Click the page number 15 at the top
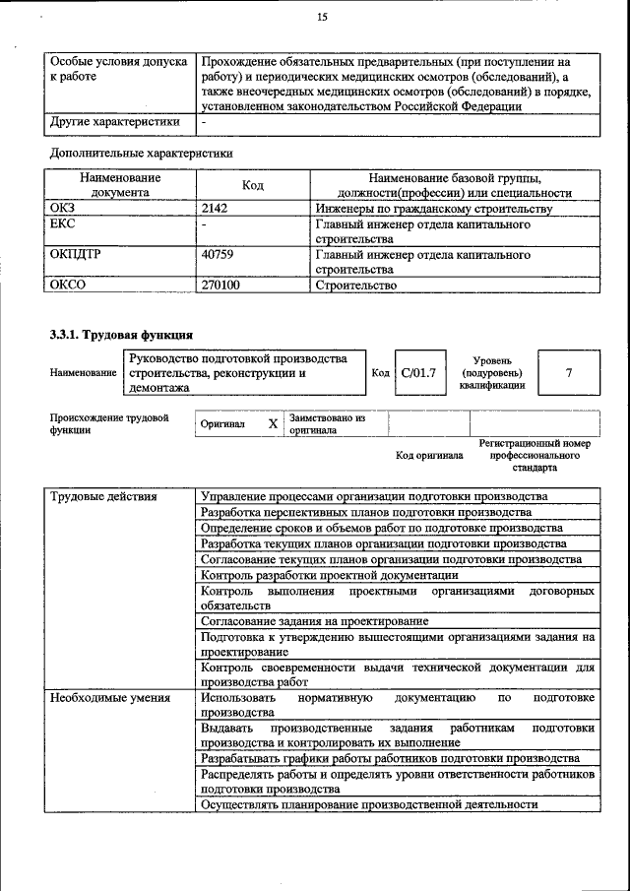[x=321, y=17]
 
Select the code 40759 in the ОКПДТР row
[x=220, y=254]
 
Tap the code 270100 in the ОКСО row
[x=220, y=285]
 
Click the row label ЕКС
[x=62, y=224]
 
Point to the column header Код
[x=253, y=185]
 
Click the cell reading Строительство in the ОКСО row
[x=355, y=285]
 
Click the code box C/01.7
[x=417, y=373]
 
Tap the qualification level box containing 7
[x=568, y=373]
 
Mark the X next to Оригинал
[x=273, y=424]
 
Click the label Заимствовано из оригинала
[x=327, y=424]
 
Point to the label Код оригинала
[x=429, y=456]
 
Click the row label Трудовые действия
[x=103, y=496]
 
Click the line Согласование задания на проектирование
[x=314, y=621]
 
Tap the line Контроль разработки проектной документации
[x=329, y=574]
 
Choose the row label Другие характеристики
[x=114, y=122]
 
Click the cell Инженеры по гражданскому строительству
[x=433, y=209]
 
